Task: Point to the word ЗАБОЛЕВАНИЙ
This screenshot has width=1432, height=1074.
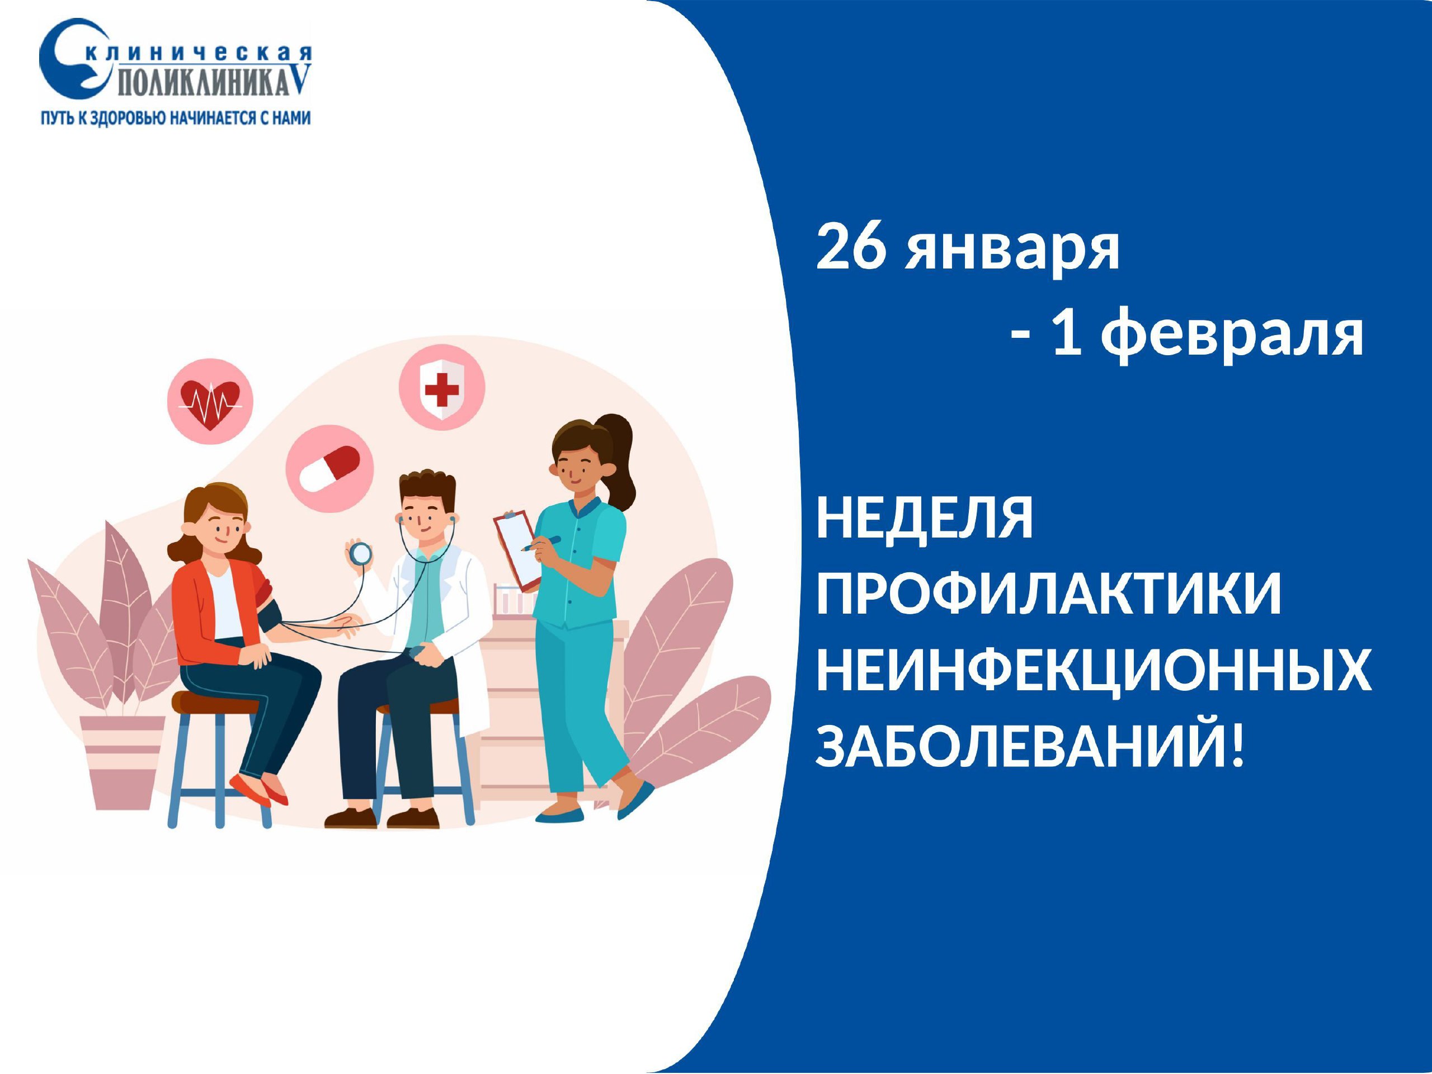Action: point(1030,745)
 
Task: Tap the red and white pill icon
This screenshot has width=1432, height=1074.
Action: point(329,469)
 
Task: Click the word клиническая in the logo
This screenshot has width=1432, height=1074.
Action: point(197,54)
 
